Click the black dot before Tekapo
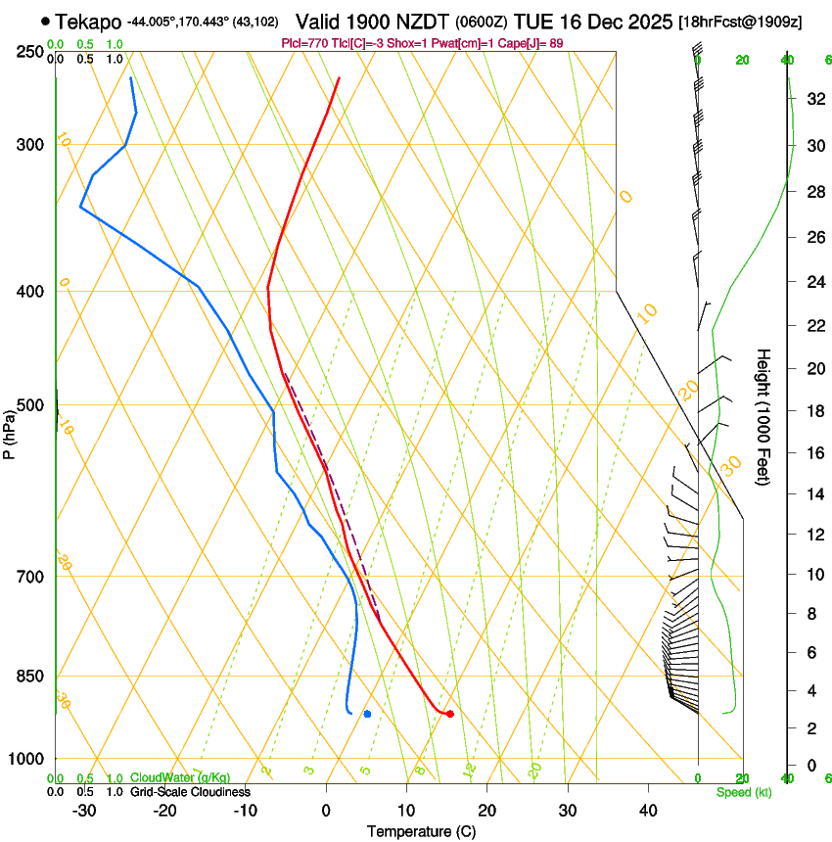[46, 21]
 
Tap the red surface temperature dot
[449, 714]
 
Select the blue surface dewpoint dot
[367, 714]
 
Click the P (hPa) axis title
[9, 427]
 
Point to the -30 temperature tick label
[83, 810]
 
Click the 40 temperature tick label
[648, 810]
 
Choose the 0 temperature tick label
[326, 810]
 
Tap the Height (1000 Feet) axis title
[763, 416]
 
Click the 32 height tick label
[813, 99]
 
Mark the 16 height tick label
[813, 453]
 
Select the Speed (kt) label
[743, 792]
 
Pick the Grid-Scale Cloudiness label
[190, 791]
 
